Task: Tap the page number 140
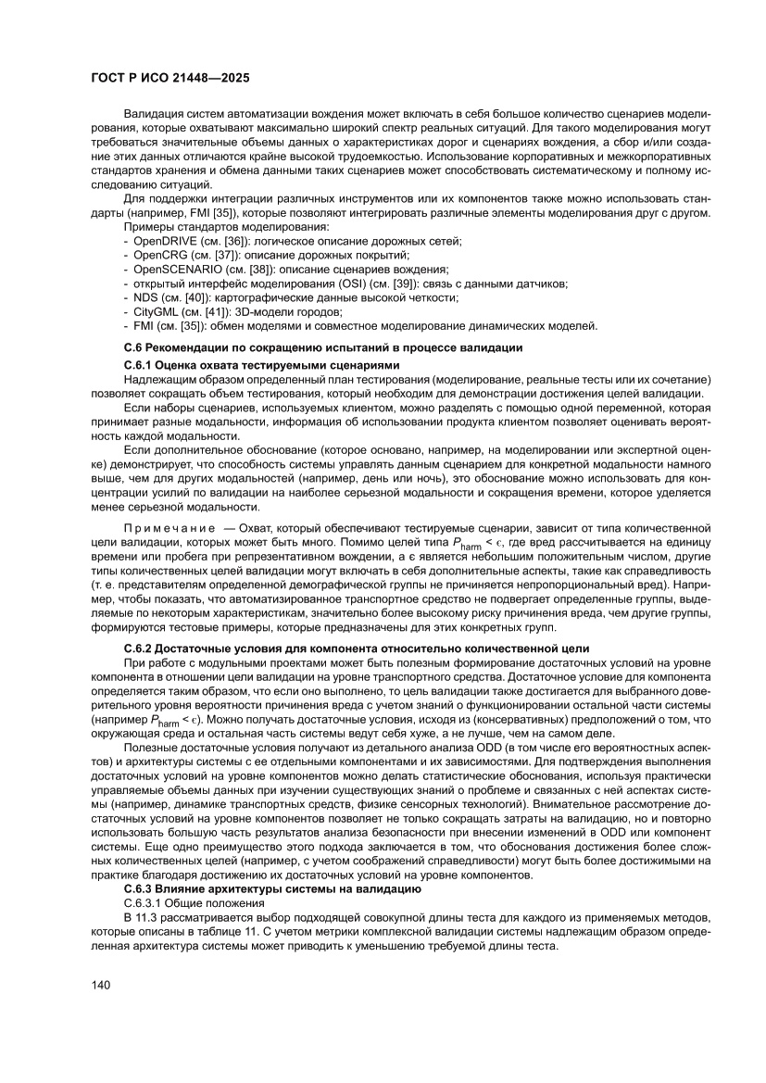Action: point(102,984)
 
